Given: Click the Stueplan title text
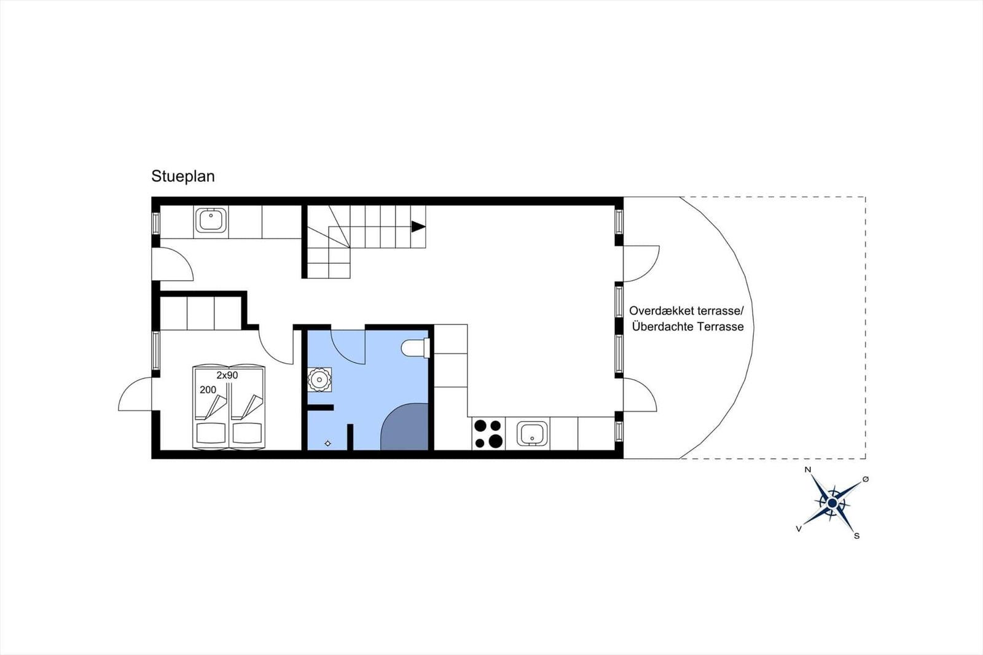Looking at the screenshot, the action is click(x=183, y=176).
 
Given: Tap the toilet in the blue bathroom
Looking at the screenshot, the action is click(x=415, y=348).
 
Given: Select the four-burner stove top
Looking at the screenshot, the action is click(x=488, y=434).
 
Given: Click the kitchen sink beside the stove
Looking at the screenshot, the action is click(x=532, y=434).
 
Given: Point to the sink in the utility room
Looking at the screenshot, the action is click(x=211, y=220).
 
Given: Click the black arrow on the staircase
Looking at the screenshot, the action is click(x=418, y=227).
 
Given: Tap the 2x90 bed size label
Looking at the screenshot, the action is click(x=227, y=375).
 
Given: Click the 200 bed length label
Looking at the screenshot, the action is click(x=208, y=390).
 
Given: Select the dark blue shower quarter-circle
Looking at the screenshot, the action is click(x=404, y=426).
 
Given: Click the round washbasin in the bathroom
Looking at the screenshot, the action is click(x=319, y=379).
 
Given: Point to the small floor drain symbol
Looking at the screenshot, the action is click(x=328, y=444).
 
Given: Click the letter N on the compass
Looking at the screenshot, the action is click(x=808, y=469).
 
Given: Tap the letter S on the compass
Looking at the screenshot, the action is click(x=856, y=536).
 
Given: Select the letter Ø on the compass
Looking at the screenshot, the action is click(x=866, y=479).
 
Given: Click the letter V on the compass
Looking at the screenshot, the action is click(x=799, y=529).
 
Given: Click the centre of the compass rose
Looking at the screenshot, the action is click(x=832, y=503).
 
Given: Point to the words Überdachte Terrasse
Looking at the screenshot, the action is click(x=687, y=327).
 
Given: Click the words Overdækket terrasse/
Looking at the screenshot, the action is click(x=687, y=311).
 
